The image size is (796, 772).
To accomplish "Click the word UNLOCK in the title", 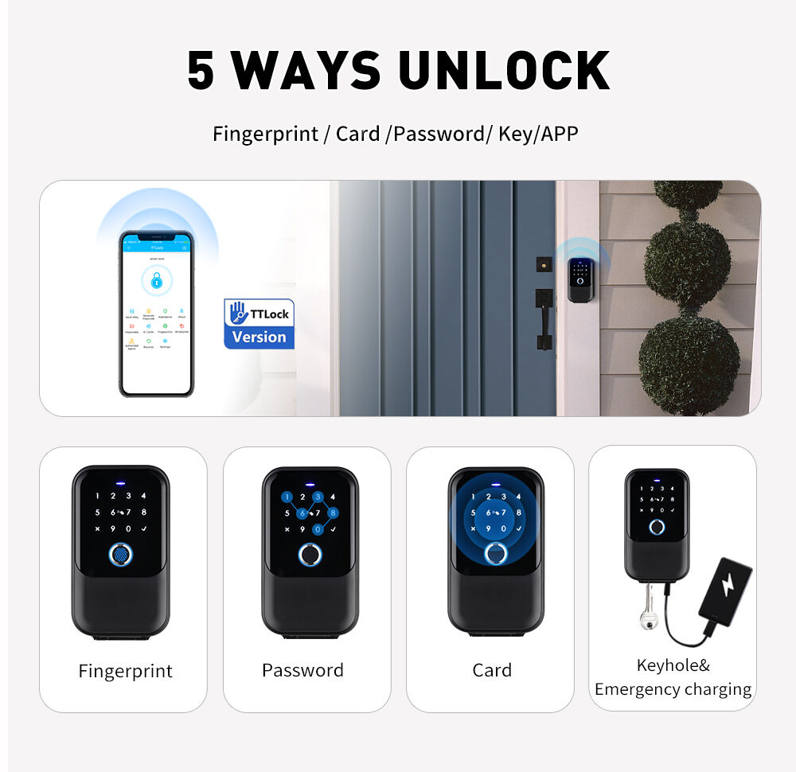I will coord(504,71).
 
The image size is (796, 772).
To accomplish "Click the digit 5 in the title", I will coord(201,71).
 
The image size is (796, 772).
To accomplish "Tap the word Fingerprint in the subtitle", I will coord(265,134).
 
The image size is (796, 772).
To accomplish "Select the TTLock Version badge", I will coord(259,324).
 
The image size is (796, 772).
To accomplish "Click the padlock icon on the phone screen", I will coord(156,281).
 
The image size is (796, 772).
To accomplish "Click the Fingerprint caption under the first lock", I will coord(125,671).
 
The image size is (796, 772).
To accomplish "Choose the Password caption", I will coord(302,670).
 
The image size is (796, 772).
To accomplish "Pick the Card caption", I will coord(492,670).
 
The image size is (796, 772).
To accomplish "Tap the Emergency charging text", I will coord(673,689).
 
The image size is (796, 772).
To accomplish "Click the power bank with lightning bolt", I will coord(725,589).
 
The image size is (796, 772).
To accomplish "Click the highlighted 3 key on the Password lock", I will coord(318,497).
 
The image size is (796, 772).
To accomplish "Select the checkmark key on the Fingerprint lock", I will coord(143,528).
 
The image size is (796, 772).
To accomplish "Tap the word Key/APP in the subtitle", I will coord(538,134).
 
